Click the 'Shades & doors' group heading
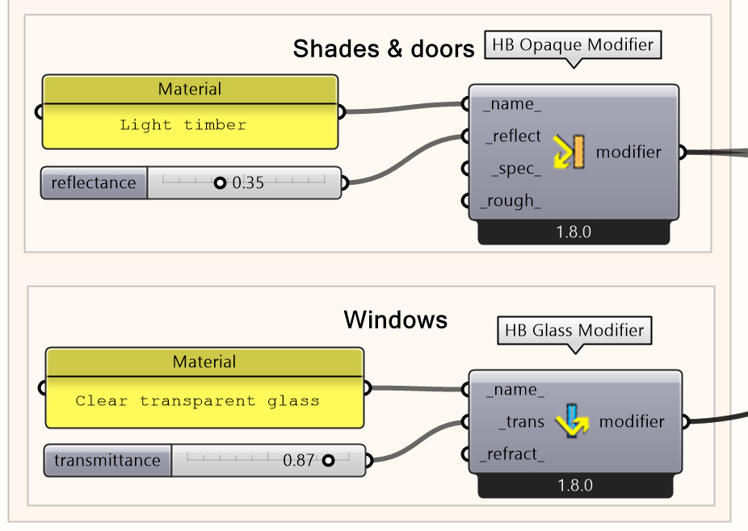coord(383,49)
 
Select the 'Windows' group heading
coord(395,320)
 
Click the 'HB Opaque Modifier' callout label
coord(572,44)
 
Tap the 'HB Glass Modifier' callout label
coord(574,330)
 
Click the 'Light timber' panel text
coord(183,125)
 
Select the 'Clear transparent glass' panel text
coord(197,401)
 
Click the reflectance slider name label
coord(94,183)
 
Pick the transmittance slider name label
coord(107,461)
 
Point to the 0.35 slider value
coord(248,183)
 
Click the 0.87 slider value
coord(298,461)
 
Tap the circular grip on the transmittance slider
coord(328,461)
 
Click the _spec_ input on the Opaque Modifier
coord(516,169)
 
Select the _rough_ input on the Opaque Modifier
coord(511,201)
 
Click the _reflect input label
coord(513,136)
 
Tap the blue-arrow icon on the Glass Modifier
coord(573,421)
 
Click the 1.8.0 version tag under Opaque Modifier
coord(574,232)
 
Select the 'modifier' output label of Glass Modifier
coord(632,421)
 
